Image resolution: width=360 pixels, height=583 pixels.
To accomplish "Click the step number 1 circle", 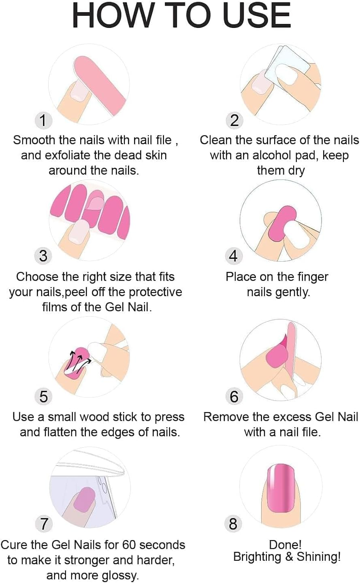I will pyautogui.click(x=43, y=120).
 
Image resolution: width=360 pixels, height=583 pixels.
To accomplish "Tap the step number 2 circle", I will pyautogui.click(x=234, y=120).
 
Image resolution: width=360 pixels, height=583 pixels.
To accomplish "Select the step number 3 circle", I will pyautogui.click(x=43, y=256).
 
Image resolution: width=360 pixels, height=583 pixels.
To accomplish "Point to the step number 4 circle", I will pyautogui.click(x=233, y=256).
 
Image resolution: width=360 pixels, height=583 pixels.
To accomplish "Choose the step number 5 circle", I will pyautogui.click(x=43, y=396).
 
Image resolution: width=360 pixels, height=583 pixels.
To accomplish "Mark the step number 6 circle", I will pyautogui.click(x=234, y=396).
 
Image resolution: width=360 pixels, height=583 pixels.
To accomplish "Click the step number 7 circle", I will pyautogui.click(x=44, y=524).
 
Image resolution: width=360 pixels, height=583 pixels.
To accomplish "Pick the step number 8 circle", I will pyautogui.click(x=233, y=524).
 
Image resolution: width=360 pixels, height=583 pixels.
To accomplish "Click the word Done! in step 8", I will pyautogui.click(x=285, y=545).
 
